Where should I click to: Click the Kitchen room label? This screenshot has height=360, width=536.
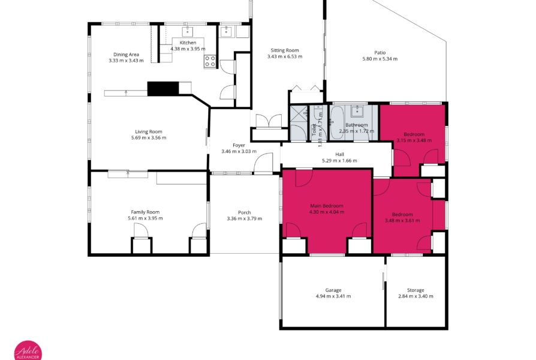[188, 43]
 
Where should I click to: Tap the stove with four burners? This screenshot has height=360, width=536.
[210, 62]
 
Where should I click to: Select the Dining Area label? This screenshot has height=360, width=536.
[126, 55]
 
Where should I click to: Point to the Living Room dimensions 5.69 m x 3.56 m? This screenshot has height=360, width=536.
[149, 138]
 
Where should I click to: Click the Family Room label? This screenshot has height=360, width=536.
[145, 212]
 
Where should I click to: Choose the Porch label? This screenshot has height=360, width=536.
[245, 212]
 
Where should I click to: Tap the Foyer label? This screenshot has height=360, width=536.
[239, 145]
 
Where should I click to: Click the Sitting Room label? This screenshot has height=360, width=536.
[285, 50]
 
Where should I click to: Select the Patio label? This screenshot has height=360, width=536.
[380, 53]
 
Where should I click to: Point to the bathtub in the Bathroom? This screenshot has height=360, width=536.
[337, 122]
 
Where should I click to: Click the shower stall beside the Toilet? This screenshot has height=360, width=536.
[299, 123]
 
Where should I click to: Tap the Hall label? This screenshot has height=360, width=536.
[339, 155]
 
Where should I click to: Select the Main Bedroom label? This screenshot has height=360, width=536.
[326, 206]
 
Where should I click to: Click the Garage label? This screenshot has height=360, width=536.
[333, 290]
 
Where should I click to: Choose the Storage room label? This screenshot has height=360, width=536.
[415, 290]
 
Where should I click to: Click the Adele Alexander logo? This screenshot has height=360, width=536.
[28, 351]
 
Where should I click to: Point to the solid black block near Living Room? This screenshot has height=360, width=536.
[163, 88]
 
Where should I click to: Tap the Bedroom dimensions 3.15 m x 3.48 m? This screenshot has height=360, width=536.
[414, 140]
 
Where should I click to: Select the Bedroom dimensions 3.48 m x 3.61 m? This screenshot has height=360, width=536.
[402, 221]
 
